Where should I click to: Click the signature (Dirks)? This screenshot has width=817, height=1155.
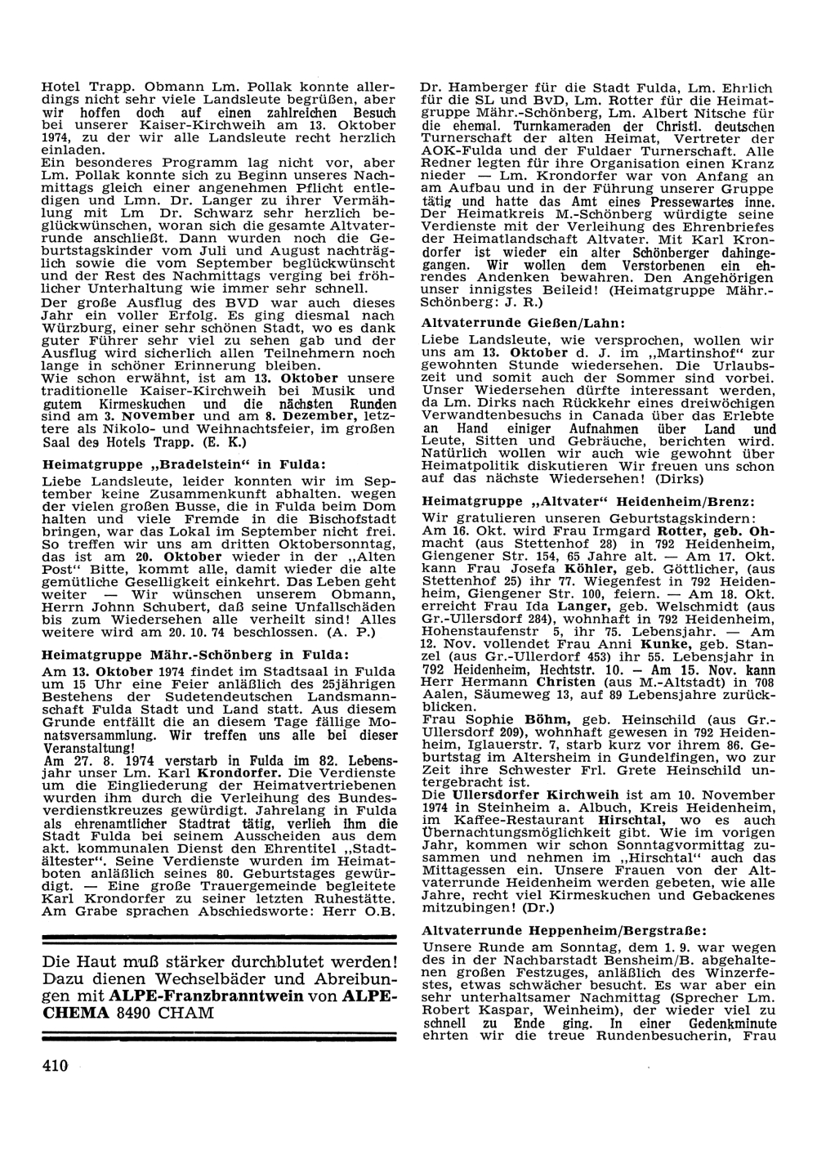coord(667,475)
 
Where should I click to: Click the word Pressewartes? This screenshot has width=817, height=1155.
coord(682,200)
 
